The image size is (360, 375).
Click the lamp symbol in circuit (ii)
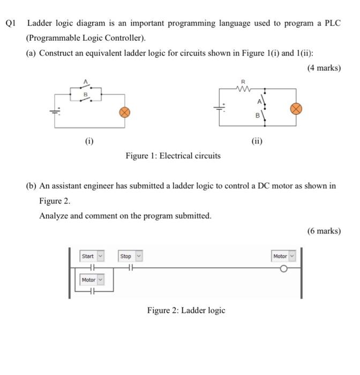click(295, 108)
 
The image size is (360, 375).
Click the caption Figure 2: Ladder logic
click(186, 310)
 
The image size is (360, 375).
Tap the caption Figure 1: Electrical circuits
click(173, 156)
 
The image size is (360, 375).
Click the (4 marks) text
click(323, 68)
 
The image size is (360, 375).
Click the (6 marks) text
click(323, 231)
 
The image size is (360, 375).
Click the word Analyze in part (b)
click(54, 215)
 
